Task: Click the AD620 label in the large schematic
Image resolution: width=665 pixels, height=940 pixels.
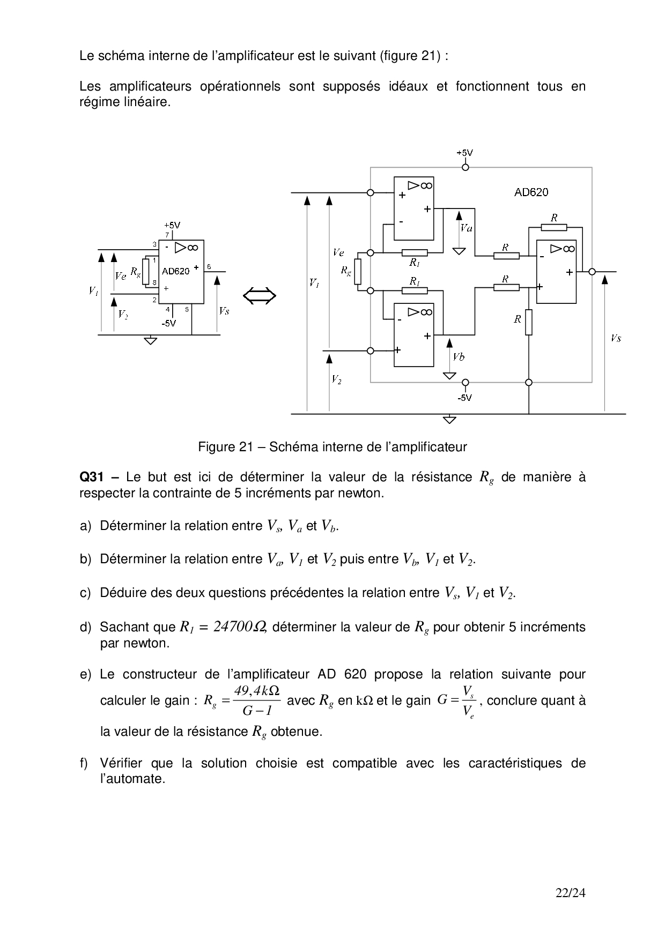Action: click(531, 192)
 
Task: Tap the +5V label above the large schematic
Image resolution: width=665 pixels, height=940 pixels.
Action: click(465, 153)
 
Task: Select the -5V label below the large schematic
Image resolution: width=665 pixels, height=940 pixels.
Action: click(465, 398)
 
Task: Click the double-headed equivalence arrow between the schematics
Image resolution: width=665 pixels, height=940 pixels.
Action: click(260, 296)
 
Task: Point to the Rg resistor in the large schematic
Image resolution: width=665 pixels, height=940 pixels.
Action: click(358, 271)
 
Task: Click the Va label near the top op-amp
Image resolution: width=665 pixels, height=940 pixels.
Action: click(466, 228)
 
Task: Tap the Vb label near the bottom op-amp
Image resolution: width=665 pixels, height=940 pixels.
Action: click(459, 357)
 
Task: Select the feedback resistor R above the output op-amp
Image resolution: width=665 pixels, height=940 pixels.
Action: click(554, 227)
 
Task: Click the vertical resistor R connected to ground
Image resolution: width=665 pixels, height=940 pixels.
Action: click(529, 322)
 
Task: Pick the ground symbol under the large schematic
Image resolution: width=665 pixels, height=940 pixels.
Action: click(450, 419)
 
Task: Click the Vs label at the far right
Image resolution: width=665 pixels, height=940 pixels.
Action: click(616, 338)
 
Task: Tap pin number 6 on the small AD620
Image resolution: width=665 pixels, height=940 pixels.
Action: click(209, 266)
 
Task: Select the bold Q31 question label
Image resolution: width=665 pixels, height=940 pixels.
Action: click(91, 477)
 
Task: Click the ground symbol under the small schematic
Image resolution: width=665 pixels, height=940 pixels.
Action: click(151, 340)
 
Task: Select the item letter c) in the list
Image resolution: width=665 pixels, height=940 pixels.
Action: click(86, 593)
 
